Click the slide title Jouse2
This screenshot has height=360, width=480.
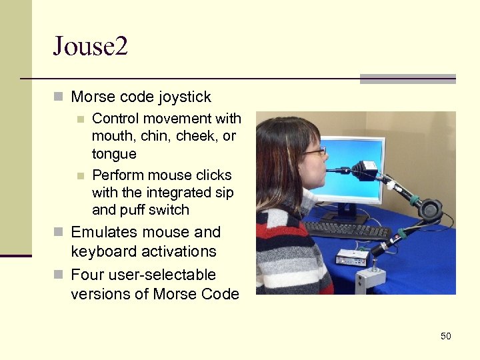tap(90, 47)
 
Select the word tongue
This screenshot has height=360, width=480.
tap(114, 154)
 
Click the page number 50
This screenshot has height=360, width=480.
tap(445, 336)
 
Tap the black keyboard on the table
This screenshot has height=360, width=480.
tap(347, 230)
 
